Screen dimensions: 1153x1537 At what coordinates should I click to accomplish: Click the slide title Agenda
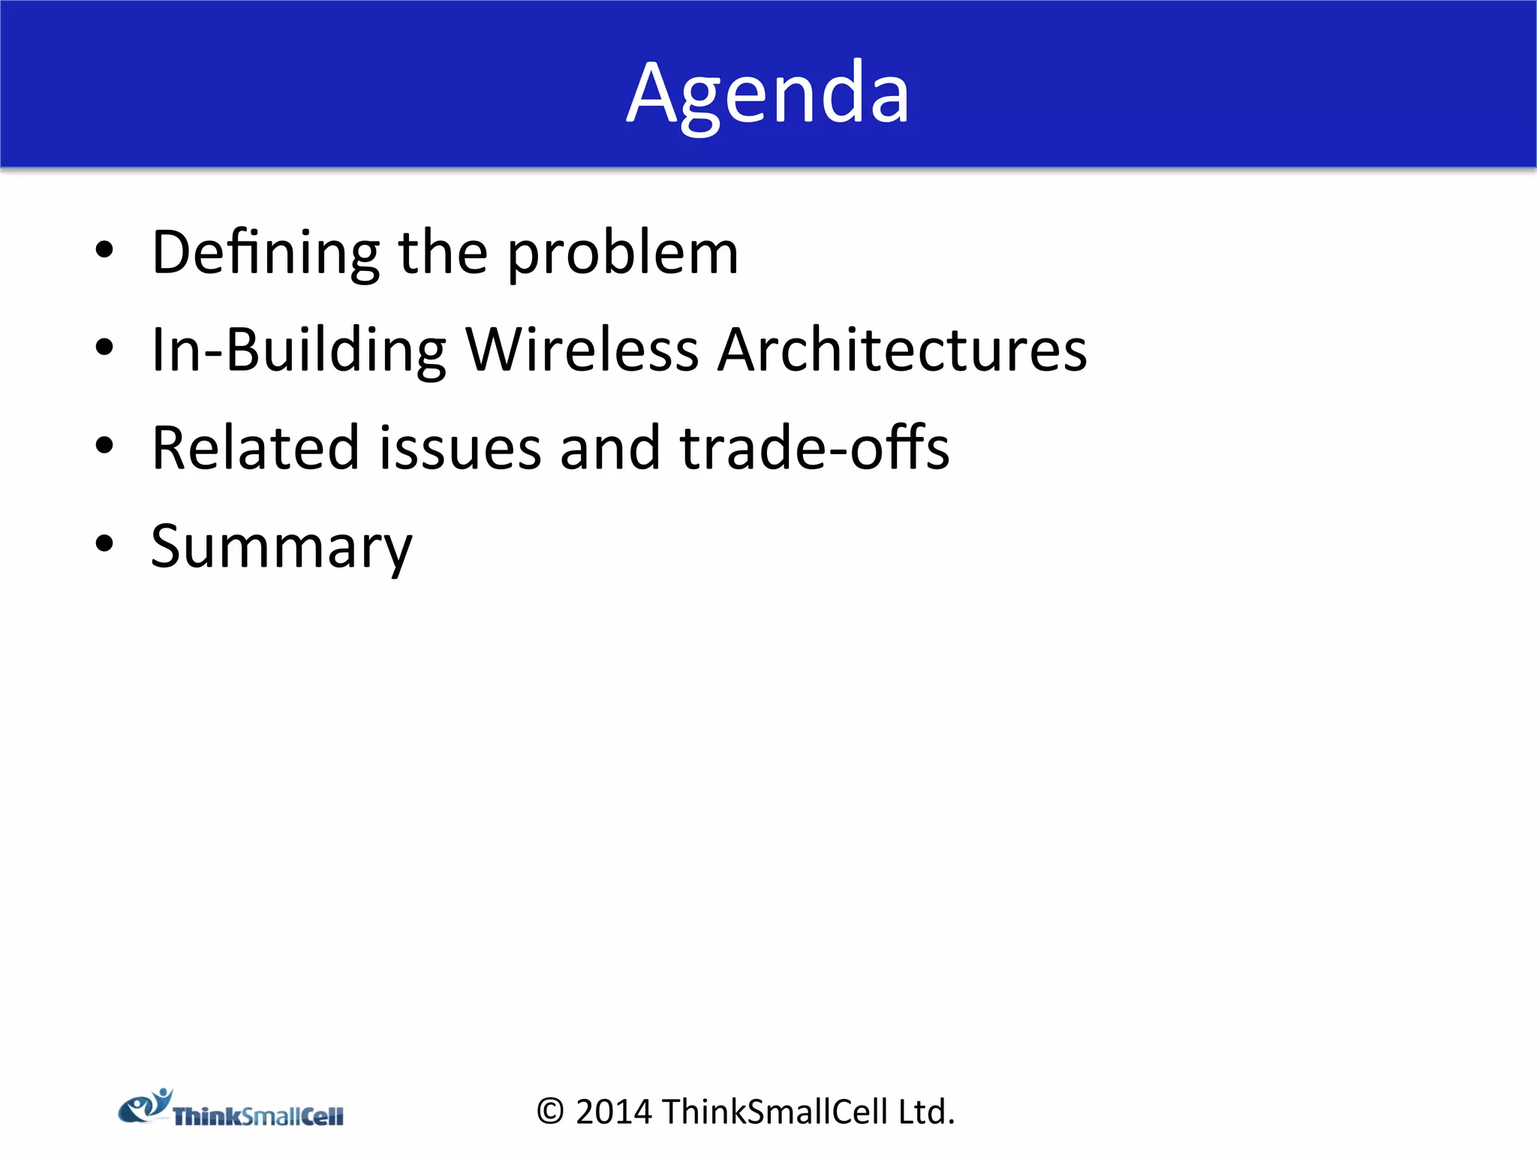[x=768, y=94]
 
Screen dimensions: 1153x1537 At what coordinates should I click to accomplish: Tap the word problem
[x=623, y=255]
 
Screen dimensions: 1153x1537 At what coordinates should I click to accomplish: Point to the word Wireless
[x=582, y=351]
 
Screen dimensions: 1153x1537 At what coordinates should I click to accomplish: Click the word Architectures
[x=901, y=351]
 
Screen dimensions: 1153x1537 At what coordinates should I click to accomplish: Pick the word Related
[x=255, y=448]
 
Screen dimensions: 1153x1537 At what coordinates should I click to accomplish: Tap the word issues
[x=459, y=448]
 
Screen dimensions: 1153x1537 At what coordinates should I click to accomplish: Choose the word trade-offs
[x=814, y=448]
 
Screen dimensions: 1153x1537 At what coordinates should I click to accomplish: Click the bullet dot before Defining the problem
[x=104, y=251]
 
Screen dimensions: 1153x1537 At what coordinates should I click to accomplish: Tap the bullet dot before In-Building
[x=104, y=348]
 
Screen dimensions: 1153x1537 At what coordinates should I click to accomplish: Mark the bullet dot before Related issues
[x=104, y=446]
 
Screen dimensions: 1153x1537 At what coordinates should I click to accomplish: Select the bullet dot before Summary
[x=104, y=543]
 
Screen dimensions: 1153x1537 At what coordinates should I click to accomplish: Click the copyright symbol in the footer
[x=550, y=1112]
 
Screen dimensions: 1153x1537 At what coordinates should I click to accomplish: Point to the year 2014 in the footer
[x=613, y=1112]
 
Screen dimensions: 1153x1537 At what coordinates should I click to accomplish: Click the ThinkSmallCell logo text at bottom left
[x=258, y=1116]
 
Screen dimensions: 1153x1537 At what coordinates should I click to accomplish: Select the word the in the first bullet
[x=443, y=254]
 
